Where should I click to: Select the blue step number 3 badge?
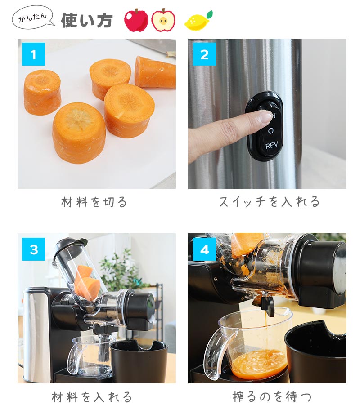(33, 249)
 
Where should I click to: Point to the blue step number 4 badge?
(204, 249)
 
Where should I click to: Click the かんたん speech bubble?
(32, 18)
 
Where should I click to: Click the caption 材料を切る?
(94, 202)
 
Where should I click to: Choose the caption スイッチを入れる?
(269, 202)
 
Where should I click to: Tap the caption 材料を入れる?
(92, 397)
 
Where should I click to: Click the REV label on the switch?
(271, 146)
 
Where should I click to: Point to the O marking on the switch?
(271, 131)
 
